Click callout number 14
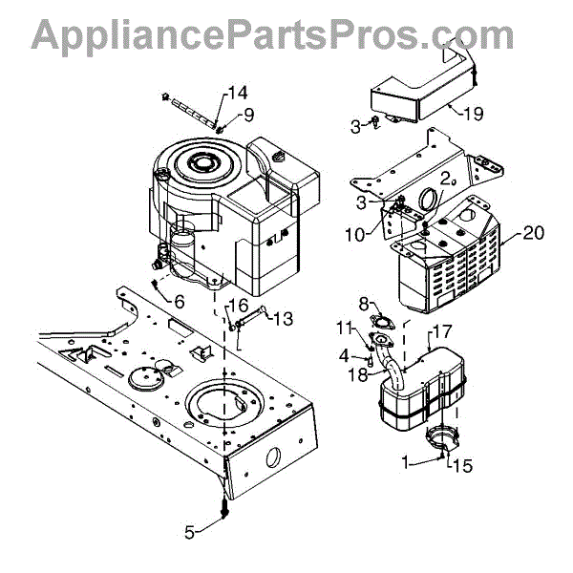click(x=237, y=93)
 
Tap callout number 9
click(x=248, y=116)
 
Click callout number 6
click(x=179, y=301)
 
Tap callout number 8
click(x=364, y=303)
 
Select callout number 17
click(x=442, y=331)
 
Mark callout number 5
click(x=190, y=532)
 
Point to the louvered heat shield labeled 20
click(x=449, y=263)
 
